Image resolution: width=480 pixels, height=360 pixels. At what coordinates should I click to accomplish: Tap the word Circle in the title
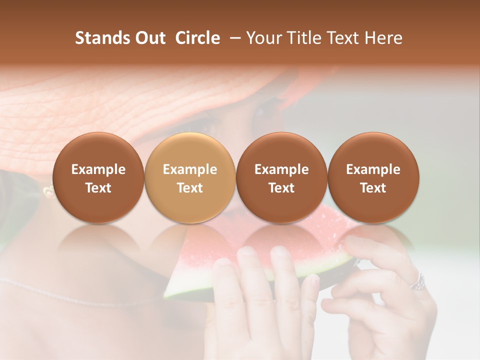pos(197,38)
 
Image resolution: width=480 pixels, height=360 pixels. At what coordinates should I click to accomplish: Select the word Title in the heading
pos(304,38)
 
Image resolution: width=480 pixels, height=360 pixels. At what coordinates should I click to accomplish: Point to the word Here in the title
pos(383,38)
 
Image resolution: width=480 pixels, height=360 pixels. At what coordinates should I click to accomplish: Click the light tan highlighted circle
pos(190,177)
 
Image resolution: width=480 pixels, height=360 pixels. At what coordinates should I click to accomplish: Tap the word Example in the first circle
pos(98,169)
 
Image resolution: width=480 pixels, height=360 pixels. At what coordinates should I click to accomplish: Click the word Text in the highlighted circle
pos(190,188)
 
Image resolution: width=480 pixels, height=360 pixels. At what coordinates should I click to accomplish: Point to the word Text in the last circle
pos(373,188)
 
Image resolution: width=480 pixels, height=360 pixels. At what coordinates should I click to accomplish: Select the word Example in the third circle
pos(281,169)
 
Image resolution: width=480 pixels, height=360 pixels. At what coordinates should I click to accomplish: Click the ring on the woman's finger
pos(418,282)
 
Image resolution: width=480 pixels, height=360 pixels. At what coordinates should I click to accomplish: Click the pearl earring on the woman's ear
pos(48,190)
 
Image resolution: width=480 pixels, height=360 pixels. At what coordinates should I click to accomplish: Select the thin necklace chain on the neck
pos(75,295)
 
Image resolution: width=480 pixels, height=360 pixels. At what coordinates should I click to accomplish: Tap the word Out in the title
pos(148,38)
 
